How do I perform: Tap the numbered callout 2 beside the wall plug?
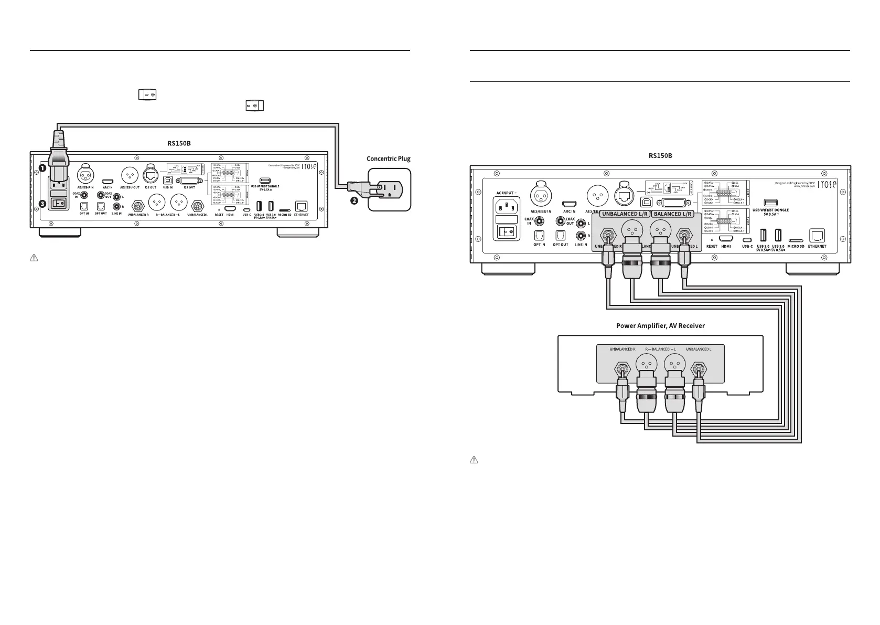pyautogui.click(x=355, y=202)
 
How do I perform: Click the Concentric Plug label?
pyautogui.click(x=388, y=158)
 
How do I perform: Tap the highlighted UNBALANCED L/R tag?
pyautogui.click(x=622, y=214)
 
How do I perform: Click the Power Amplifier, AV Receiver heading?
pyautogui.click(x=660, y=326)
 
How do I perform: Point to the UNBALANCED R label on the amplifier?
pyautogui.click(x=622, y=349)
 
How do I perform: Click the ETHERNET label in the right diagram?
pyautogui.click(x=817, y=246)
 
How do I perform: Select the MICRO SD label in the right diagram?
pyautogui.click(x=796, y=246)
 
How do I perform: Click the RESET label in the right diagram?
pyautogui.click(x=712, y=246)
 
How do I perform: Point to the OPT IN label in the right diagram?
pyautogui.click(x=539, y=245)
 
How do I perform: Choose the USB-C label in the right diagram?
pyautogui.click(x=747, y=246)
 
